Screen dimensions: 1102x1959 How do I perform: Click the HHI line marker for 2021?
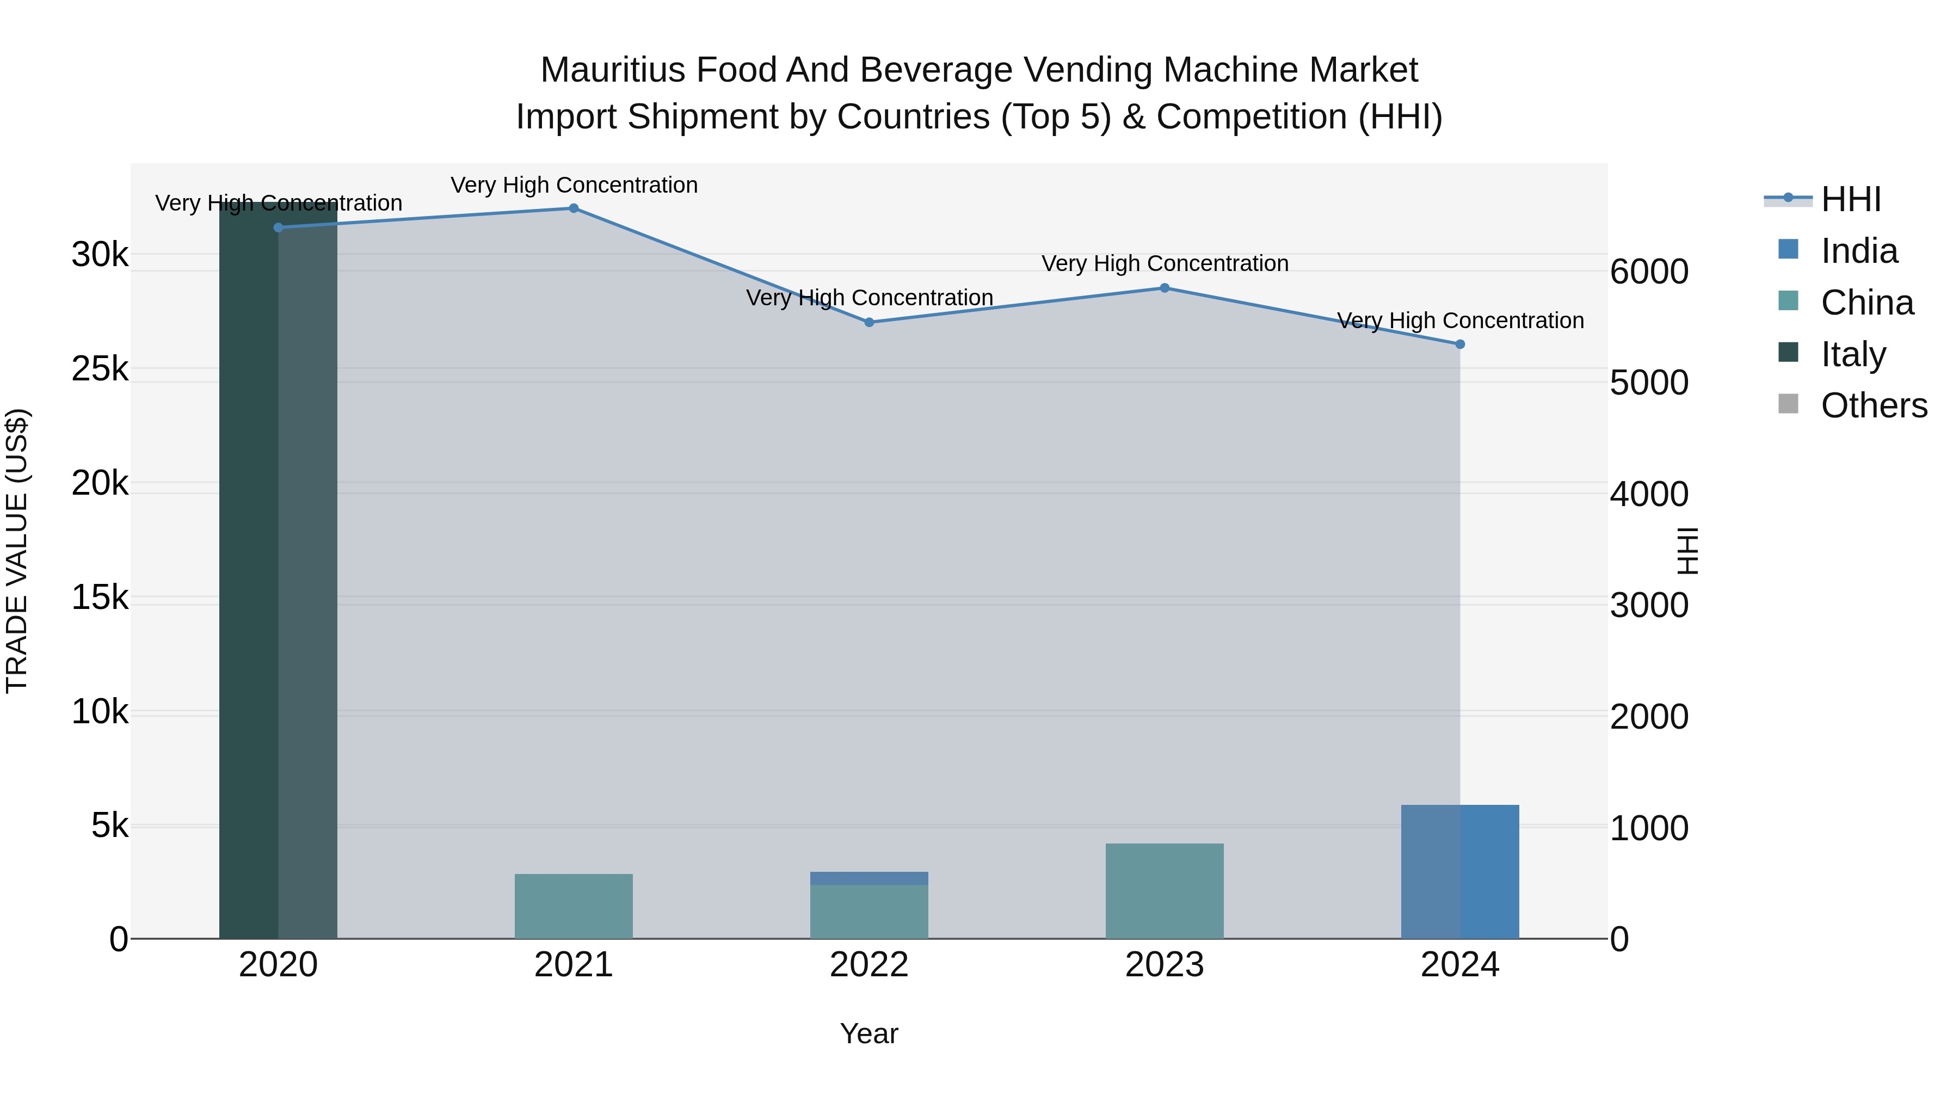click(x=574, y=208)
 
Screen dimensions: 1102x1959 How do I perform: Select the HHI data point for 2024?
click(x=1459, y=344)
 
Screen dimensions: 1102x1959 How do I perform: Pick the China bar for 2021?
click(x=574, y=907)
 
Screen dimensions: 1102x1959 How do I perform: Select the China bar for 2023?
click(x=1165, y=891)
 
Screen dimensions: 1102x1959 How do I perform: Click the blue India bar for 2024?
click(x=1459, y=872)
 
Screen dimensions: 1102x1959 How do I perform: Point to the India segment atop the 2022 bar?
click(x=868, y=878)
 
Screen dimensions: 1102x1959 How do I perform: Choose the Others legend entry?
click(x=1873, y=406)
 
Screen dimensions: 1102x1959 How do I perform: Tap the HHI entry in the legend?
click(x=1850, y=199)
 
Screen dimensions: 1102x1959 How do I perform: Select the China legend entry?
click(x=1866, y=303)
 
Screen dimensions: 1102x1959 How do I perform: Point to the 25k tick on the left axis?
click(x=100, y=370)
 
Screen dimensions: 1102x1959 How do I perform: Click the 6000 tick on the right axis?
click(x=1649, y=272)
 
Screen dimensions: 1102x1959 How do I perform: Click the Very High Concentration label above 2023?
click(x=1165, y=264)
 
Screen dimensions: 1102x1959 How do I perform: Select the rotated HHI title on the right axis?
click(x=1687, y=551)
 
